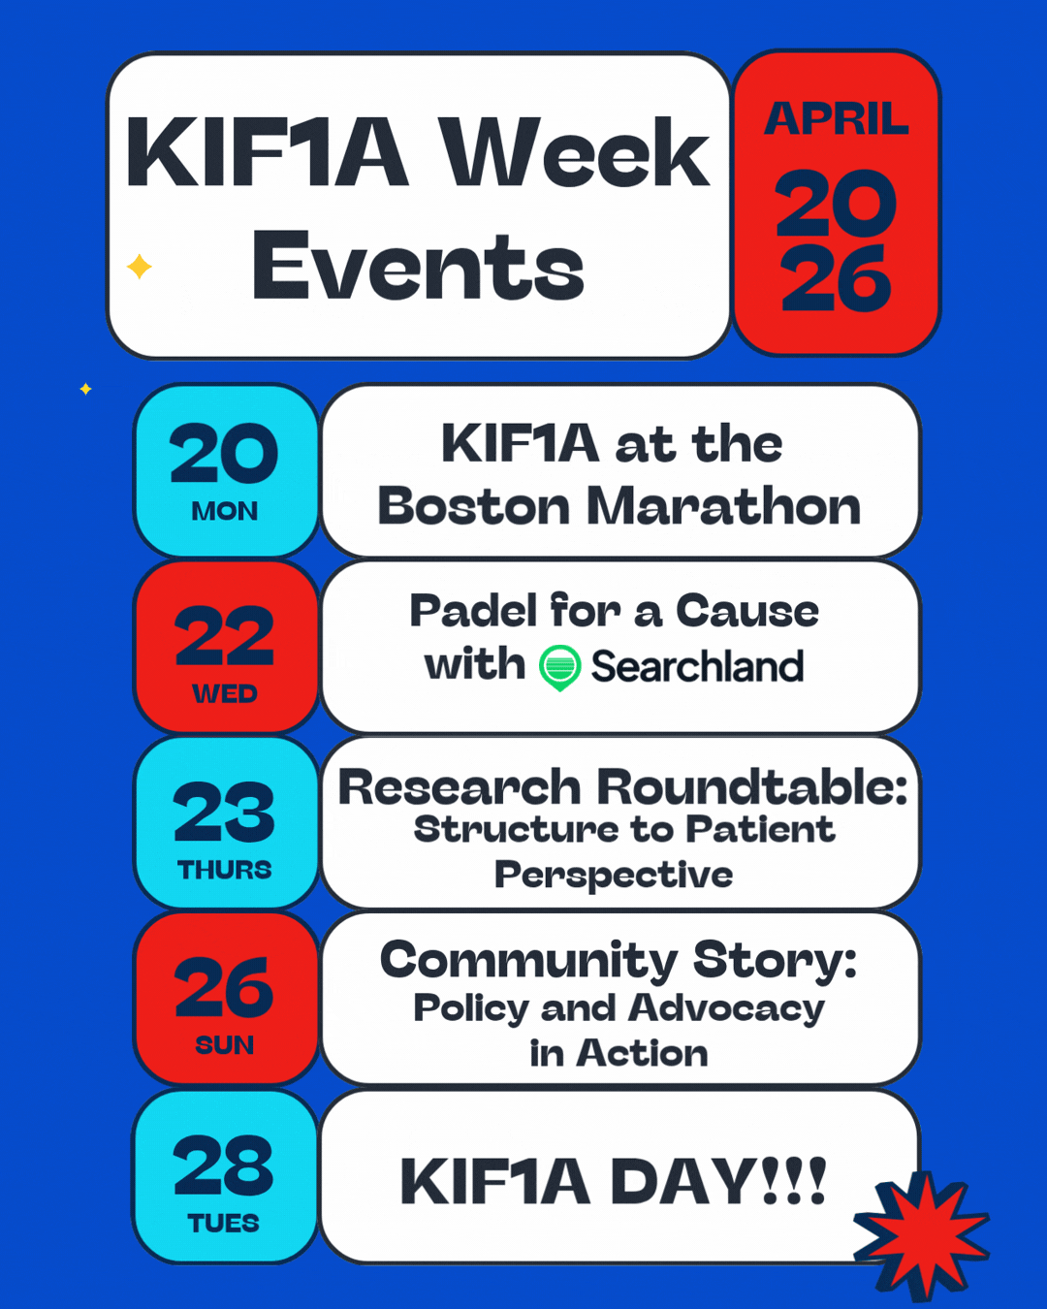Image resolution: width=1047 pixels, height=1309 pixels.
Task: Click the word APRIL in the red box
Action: point(837,118)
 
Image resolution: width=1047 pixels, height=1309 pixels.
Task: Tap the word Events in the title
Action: point(419,266)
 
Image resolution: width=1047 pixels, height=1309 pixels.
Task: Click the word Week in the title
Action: point(575,152)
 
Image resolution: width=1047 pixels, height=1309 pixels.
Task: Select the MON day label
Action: point(225,511)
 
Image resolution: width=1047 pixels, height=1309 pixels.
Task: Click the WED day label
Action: point(225,693)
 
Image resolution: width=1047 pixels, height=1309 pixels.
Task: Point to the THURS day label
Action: point(225,870)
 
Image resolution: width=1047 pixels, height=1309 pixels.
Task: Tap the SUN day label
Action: point(225,1045)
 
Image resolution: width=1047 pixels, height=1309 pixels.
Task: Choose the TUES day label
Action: point(224,1224)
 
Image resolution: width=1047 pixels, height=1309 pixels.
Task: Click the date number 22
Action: point(225,636)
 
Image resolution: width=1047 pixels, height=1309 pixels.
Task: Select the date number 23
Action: point(224,812)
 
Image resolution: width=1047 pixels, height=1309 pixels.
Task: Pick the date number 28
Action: point(223,1166)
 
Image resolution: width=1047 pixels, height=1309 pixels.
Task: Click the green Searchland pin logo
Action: point(559,668)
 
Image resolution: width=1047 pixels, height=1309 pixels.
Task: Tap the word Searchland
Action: point(698,666)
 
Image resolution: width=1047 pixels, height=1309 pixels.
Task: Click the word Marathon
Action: point(724,506)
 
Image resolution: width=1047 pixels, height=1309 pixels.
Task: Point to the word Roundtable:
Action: point(752,786)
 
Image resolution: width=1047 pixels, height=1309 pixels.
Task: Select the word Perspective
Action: point(614,876)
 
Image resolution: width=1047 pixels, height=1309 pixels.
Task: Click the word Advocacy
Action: point(726,1009)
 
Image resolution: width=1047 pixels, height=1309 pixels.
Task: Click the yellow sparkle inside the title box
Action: point(140,267)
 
